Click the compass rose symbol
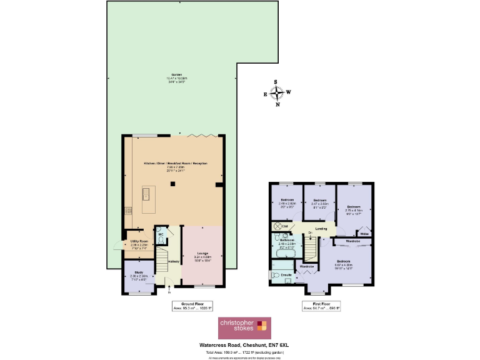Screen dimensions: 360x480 [277, 93]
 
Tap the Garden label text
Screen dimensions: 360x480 [165, 74]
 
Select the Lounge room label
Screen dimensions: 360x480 [201, 254]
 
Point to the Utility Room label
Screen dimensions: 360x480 [138, 241]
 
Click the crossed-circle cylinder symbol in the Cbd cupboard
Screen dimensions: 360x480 [276, 226]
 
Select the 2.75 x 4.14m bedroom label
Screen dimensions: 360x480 [354, 208]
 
